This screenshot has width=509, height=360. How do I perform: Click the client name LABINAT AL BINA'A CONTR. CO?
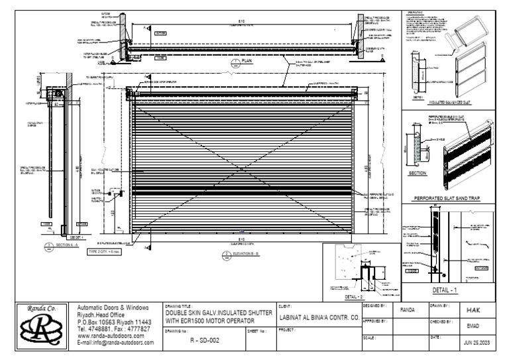pos(319,319)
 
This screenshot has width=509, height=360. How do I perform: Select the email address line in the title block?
pos(116,343)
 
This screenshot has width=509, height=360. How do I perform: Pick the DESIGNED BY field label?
pos(371,306)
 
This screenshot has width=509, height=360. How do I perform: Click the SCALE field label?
pos(367,337)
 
